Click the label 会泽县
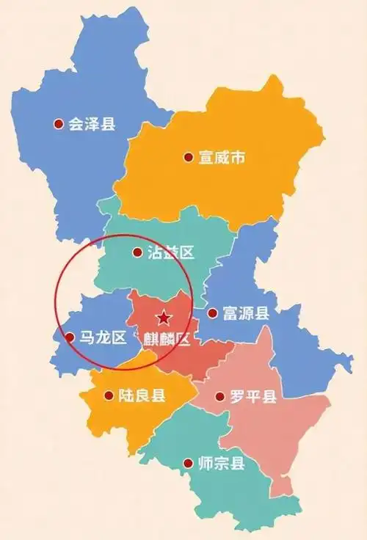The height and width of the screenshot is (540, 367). [x=92, y=125]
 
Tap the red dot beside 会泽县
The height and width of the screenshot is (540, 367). [x=58, y=125]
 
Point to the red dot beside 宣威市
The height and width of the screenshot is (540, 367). [x=187, y=157]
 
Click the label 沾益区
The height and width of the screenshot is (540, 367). [x=170, y=253]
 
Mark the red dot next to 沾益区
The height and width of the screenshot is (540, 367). [x=137, y=253]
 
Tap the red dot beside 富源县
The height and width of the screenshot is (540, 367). [x=212, y=314]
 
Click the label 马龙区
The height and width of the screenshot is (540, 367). [x=103, y=338]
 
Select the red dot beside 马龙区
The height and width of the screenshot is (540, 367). [x=70, y=338]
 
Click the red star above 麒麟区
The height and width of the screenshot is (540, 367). [x=164, y=318]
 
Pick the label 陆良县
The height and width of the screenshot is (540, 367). [x=142, y=396]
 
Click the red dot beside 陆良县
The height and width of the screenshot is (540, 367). [x=109, y=396]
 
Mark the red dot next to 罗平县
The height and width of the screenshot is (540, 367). [x=219, y=397]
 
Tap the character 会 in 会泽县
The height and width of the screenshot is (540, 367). [x=76, y=125]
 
